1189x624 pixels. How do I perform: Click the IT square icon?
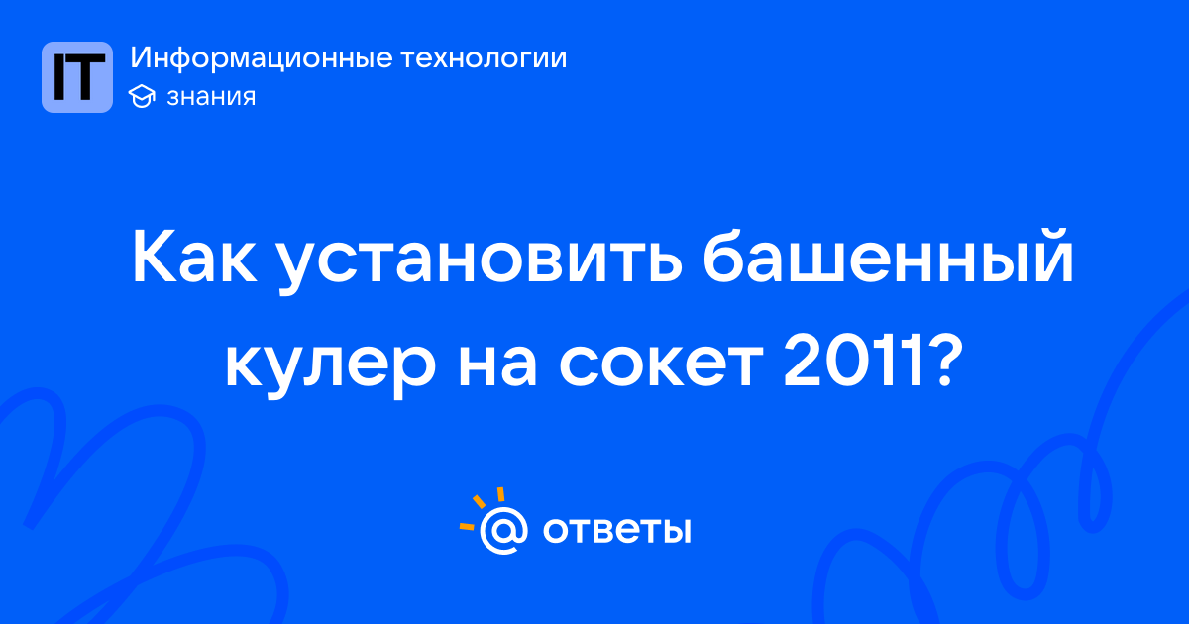(77, 77)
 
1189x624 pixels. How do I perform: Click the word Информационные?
(262, 58)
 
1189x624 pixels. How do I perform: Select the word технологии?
(484, 58)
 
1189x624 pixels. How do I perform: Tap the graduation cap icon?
(142, 96)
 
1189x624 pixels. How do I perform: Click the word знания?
(211, 97)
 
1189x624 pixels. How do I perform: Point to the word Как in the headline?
(195, 257)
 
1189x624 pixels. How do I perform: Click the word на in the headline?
(497, 364)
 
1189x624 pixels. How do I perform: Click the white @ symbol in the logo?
(503, 530)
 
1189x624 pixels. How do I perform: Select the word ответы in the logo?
(616, 530)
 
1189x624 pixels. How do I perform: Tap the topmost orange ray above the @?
(500, 494)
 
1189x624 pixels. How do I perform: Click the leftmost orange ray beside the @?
(467, 526)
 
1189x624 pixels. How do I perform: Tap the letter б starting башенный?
(726, 255)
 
